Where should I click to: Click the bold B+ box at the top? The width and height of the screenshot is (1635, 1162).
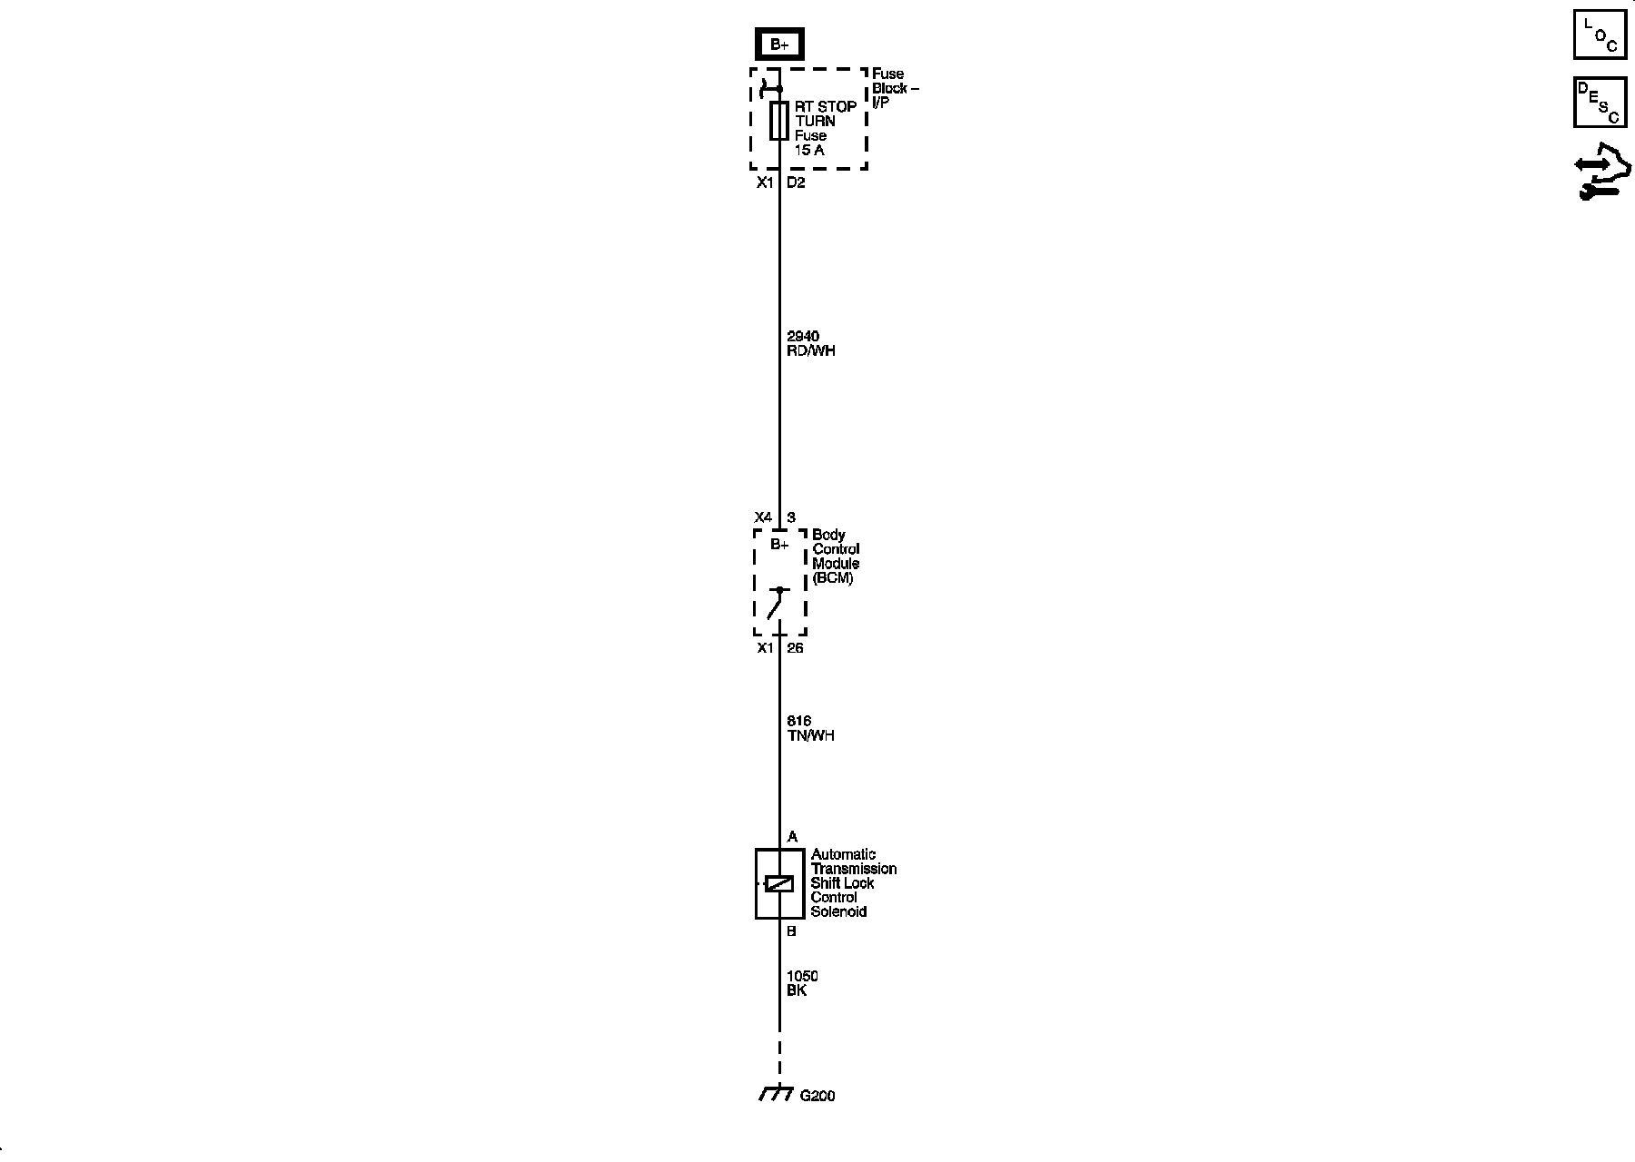(779, 44)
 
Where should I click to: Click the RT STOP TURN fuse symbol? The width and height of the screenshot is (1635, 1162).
(778, 121)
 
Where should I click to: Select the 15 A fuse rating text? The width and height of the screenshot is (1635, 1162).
(809, 150)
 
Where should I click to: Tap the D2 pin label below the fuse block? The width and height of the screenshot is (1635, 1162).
(796, 182)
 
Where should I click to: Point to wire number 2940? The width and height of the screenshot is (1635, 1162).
(803, 337)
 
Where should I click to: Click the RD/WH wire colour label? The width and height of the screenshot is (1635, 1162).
(811, 350)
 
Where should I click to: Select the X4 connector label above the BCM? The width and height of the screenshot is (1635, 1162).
(763, 517)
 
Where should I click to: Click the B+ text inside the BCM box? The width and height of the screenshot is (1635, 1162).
(779, 545)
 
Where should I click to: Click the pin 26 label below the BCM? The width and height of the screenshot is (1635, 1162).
(795, 648)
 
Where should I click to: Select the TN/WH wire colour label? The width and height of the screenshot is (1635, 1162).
(810, 735)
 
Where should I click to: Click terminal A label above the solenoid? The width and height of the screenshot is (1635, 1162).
(792, 837)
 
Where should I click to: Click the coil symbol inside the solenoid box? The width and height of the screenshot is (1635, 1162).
(779, 883)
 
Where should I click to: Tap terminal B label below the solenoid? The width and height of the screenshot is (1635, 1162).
(791, 931)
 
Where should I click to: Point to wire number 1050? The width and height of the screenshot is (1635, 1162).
(802, 976)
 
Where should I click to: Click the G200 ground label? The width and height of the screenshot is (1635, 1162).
(817, 1096)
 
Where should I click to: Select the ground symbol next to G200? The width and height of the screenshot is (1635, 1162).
(776, 1094)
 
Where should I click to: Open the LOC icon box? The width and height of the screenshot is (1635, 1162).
(1600, 34)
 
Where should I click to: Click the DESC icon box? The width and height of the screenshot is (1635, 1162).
(1600, 102)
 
